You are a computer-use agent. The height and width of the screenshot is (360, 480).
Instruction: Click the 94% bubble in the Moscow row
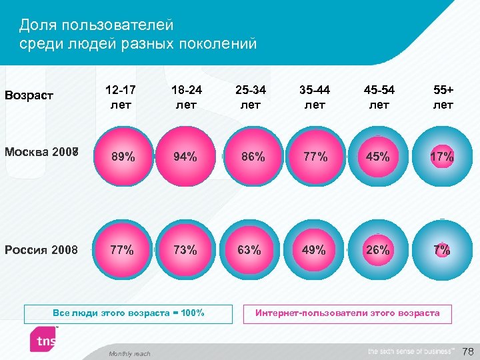tap(185, 157)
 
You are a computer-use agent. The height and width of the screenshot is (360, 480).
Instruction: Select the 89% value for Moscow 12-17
tap(123, 157)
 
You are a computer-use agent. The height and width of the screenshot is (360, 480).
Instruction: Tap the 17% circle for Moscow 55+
tap(442, 157)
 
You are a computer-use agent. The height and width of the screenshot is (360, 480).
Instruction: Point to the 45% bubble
tap(377, 157)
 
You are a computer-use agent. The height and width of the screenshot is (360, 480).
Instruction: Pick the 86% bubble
tap(250, 157)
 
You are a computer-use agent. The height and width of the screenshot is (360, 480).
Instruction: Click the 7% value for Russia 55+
tap(441, 251)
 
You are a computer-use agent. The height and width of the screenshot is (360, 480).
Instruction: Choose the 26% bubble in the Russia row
tap(377, 251)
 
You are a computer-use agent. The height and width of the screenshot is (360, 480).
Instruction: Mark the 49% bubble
tap(314, 251)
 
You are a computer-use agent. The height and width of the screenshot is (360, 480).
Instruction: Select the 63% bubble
tap(249, 251)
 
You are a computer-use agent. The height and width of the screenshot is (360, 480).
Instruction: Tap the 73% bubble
tap(185, 251)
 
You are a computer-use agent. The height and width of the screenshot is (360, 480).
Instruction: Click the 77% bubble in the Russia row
tap(122, 251)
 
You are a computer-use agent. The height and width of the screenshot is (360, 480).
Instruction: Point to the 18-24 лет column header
tap(186, 97)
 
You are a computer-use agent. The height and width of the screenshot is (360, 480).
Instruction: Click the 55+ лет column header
tap(443, 97)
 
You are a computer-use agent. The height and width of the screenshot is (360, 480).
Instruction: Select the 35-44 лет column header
tap(315, 97)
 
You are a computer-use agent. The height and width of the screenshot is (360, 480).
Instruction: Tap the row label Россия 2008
tap(41, 251)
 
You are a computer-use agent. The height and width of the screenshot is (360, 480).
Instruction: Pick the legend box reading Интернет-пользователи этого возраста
tap(347, 313)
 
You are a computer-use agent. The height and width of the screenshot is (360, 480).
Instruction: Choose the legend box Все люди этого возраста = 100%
tap(129, 313)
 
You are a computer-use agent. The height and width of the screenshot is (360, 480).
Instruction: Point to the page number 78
tap(468, 351)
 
